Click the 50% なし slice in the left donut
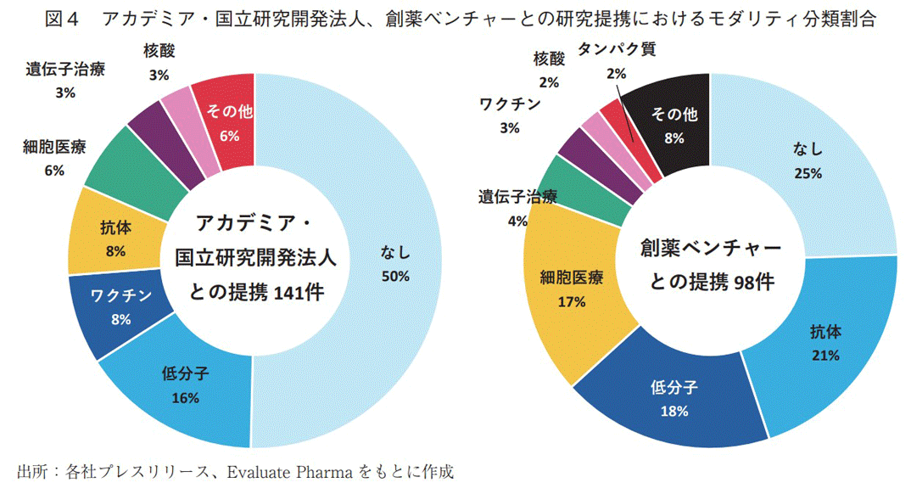tap(395, 263)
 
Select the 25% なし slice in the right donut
tap(806, 161)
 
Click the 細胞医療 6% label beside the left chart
tap(54, 157)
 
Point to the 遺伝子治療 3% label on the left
tap(65, 81)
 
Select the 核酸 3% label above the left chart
tap(158, 64)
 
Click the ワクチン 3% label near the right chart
tap(509, 115)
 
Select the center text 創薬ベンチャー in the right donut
tap(711, 248)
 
